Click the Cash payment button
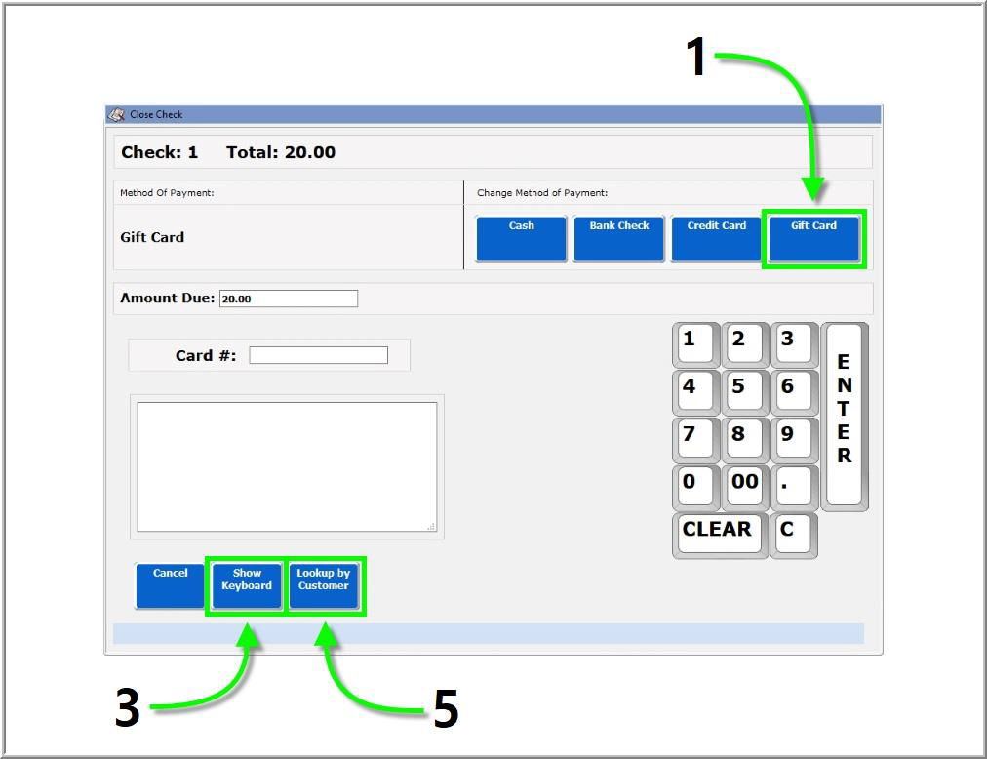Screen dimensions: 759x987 pos(521,238)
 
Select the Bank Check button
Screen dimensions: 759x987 pos(618,238)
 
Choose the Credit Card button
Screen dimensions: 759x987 pos(716,238)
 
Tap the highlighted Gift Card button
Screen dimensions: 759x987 pos(813,238)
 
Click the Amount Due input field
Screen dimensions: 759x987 pos(289,299)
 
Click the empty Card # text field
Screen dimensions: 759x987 pos(318,355)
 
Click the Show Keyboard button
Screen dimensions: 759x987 pos(247,585)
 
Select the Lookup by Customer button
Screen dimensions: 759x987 pos(324,585)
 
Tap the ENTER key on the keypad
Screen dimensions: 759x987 pos(844,415)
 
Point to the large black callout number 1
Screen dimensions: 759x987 pos(696,58)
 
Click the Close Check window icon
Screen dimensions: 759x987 pos(115,114)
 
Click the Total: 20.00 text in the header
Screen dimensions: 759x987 pos(281,152)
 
